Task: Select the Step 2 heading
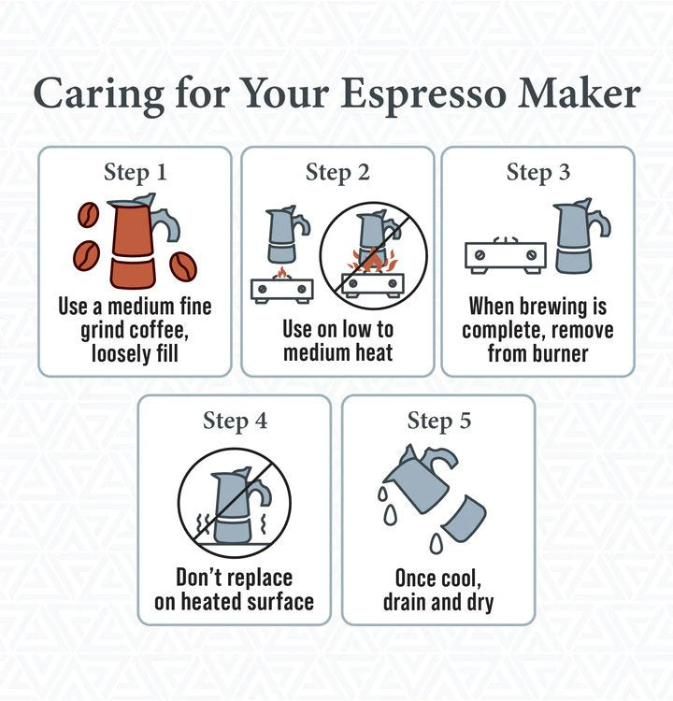coord(337,173)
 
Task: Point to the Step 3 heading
coord(538,173)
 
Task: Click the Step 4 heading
coord(235,422)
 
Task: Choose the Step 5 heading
coord(438,422)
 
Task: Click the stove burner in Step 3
coord(506,256)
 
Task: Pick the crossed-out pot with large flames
coord(373,248)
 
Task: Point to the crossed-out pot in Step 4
coord(234,504)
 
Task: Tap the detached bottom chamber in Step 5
coord(465,518)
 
